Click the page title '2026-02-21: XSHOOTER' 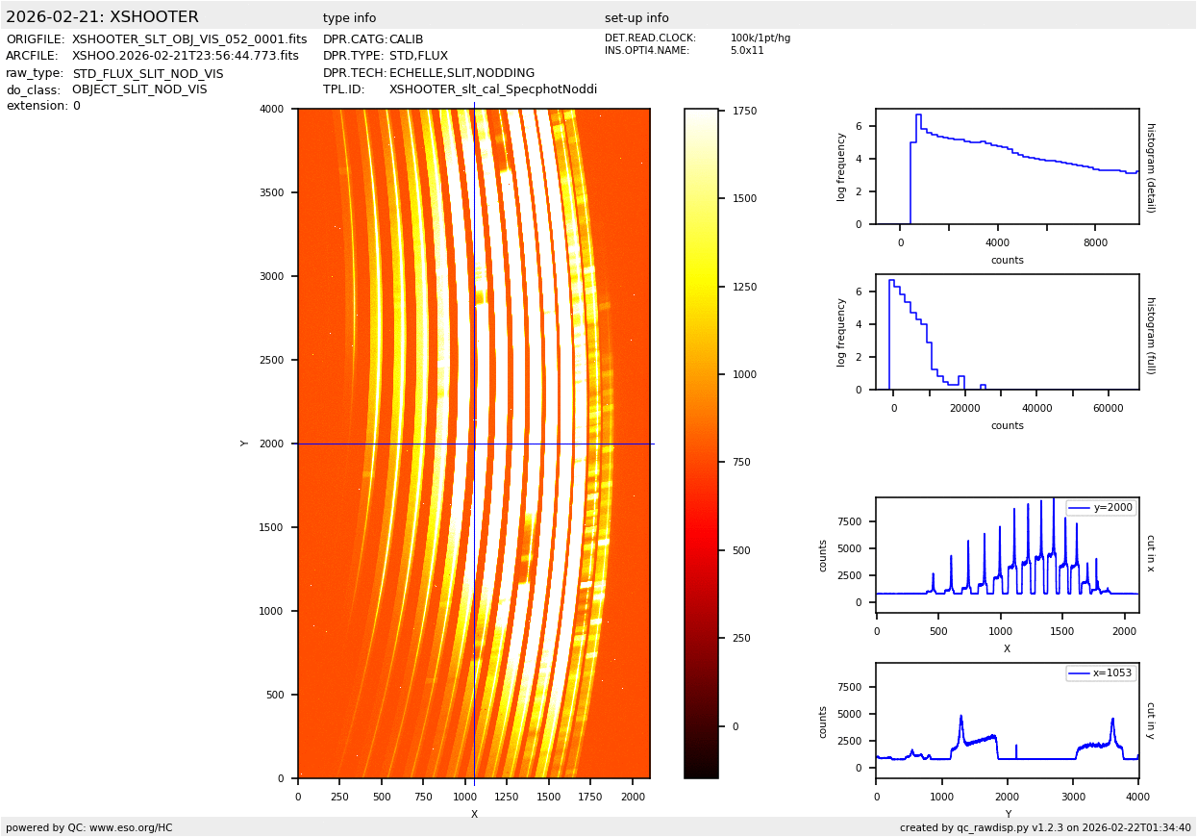tap(102, 17)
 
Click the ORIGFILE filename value tap(189, 39)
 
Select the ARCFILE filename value tap(186, 56)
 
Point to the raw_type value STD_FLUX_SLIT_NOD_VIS tap(147, 73)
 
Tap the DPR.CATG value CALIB tap(406, 39)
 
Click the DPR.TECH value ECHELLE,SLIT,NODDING tap(461, 73)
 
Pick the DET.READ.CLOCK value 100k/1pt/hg tap(760, 38)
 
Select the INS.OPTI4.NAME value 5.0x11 tap(746, 50)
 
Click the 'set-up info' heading tap(636, 18)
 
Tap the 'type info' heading tap(349, 18)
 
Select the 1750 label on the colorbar tap(744, 111)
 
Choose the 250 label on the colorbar tap(740, 638)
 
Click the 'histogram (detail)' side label tap(1150, 166)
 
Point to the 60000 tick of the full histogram tap(1109, 408)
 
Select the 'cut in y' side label tap(1150, 721)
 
